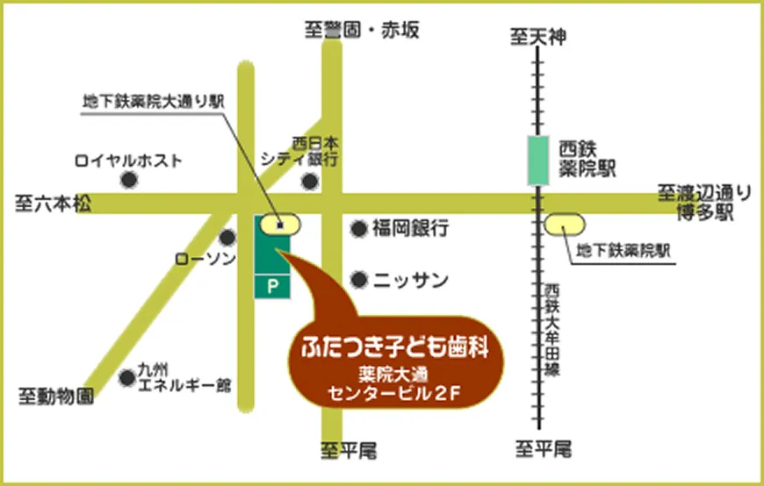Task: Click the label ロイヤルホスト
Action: coord(128,161)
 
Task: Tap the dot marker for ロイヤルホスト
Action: coord(129,180)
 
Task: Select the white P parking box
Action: coord(271,285)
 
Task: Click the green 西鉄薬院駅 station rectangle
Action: coord(538,161)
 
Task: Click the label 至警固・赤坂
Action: coord(363,31)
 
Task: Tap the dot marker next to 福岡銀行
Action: coord(358,229)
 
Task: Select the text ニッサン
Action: coord(411,280)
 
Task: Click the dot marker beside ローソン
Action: coord(227,237)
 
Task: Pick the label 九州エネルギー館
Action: coord(184,377)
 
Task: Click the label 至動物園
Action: coord(55,397)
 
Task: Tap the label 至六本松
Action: coord(53,204)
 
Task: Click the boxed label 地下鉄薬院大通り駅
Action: coord(154,102)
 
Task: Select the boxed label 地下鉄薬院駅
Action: coord(623,250)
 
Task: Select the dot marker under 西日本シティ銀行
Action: coord(309,182)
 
